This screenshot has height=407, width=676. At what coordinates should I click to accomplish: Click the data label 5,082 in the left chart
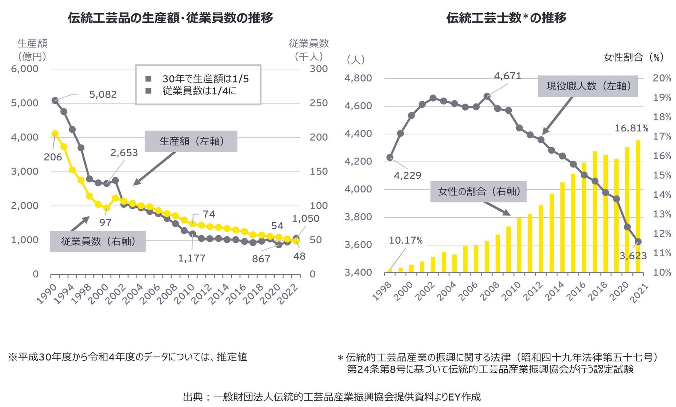(x=103, y=95)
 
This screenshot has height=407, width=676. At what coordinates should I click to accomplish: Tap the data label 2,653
(x=124, y=153)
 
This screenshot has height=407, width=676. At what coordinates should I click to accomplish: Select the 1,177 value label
(x=192, y=258)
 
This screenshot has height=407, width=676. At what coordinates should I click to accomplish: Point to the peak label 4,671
(x=507, y=76)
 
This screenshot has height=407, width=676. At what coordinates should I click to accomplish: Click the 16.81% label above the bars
(x=631, y=128)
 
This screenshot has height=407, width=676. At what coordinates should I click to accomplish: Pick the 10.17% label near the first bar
(x=405, y=240)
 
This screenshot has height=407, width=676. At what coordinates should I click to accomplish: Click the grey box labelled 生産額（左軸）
(x=191, y=141)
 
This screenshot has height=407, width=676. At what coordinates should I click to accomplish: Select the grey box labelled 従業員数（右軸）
(x=98, y=241)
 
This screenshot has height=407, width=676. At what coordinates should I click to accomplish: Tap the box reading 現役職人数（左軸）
(x=588, y=86)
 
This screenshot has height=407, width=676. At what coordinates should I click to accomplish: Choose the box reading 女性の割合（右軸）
(x=478, y=191)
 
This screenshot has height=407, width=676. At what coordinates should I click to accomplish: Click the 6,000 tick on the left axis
(x=25, y=69)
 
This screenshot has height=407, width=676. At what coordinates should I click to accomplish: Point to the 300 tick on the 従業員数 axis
(x=319, y=69)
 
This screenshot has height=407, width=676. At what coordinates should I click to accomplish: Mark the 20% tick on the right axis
(x=662, y=78)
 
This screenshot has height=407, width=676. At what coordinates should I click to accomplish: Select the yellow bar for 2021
(x=638, y=207)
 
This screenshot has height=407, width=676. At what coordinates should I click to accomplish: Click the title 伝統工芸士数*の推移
(x=506, y=18)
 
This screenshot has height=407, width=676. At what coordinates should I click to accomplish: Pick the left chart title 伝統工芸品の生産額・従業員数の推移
(x=170, y=18)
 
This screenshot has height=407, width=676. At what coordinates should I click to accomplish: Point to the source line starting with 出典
(x=332, y=397)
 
